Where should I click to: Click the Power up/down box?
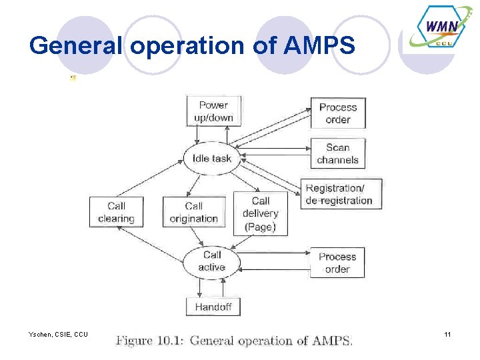point(213,111)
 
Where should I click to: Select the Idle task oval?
point(211,159)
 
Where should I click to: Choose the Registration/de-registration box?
point(339,194)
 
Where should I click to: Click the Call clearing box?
point(116,212)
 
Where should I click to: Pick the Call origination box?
point(193,212)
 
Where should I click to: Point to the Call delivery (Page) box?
point(260,214)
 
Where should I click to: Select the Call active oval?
point(211,261)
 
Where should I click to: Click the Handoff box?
point(213,307)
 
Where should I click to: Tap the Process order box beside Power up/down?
point(337,113)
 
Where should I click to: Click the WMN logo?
point(441,29)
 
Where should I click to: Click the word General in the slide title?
point(77,46)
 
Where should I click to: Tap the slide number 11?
point(447,334)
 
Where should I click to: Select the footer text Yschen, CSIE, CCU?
point(58,334)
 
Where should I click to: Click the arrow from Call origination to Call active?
point(199,237)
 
